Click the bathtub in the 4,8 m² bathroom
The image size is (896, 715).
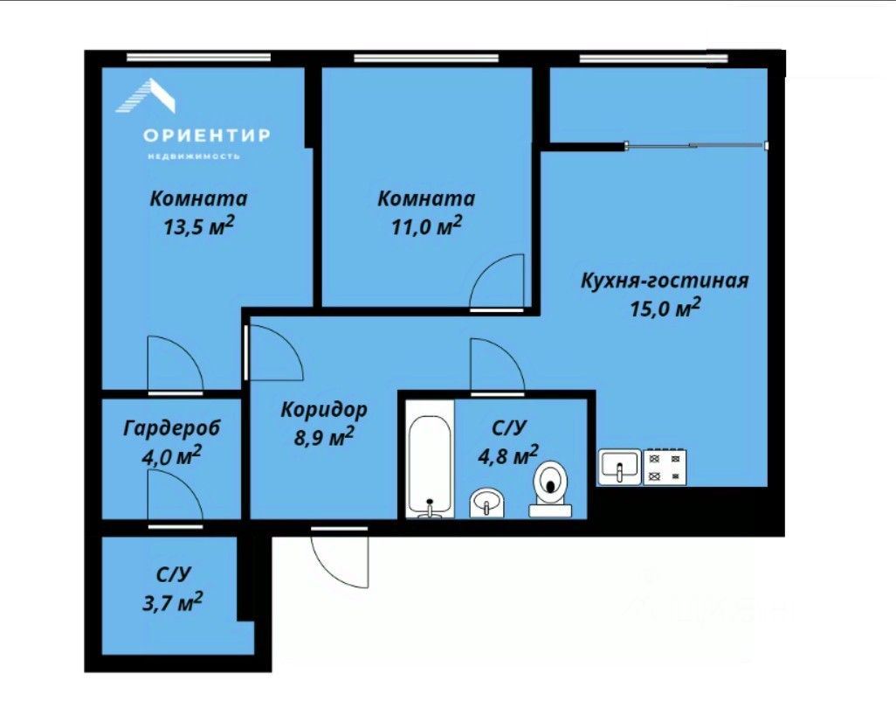[431, 467]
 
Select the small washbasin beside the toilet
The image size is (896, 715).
[486, 503]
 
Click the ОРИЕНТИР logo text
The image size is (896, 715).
[206, 135]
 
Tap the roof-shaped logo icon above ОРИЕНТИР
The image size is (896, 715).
[146, 95]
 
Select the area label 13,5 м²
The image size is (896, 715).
[199, 226]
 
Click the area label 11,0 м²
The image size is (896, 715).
[426, 226]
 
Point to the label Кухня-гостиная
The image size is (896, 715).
[665, 281]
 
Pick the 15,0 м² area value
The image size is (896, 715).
[665, 309]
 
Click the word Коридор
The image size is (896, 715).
[324, 410]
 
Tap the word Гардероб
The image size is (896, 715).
[171, 427]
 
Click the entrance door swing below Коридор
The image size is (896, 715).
[341, 557]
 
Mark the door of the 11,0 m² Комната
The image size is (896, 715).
[497, 282]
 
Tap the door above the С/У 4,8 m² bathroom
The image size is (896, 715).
[497, 366]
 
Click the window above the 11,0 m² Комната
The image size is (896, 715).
[426, 58]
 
